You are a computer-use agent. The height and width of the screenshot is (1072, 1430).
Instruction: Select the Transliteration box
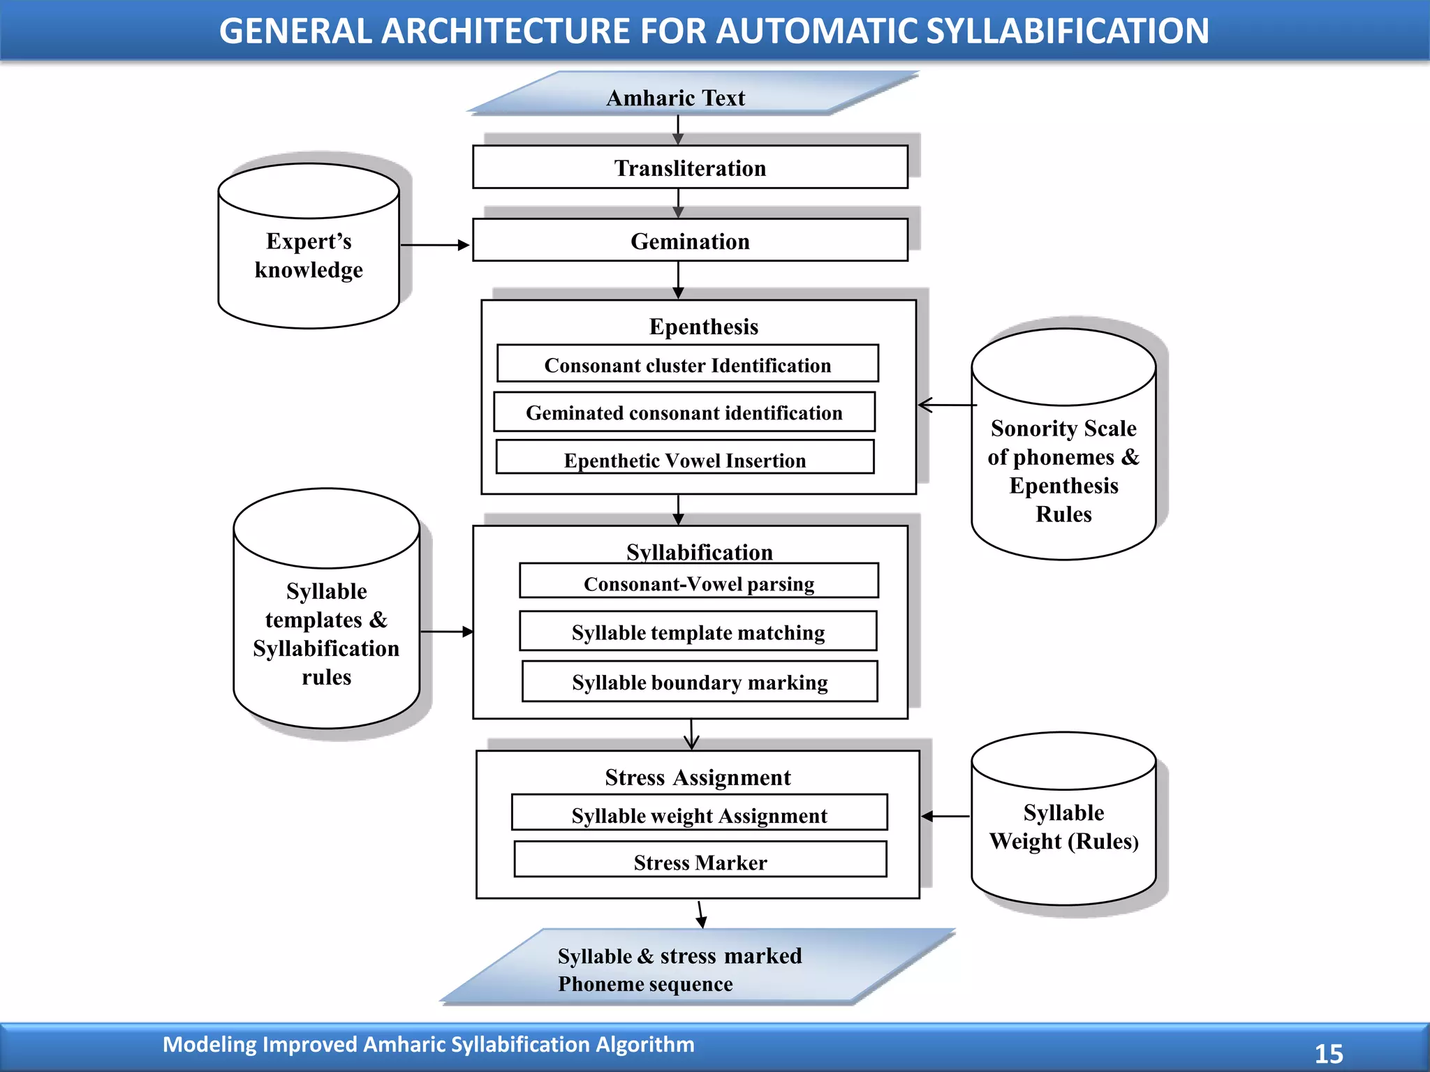[690, 167]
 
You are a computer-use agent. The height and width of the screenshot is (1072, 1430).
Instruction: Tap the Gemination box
[690, 241]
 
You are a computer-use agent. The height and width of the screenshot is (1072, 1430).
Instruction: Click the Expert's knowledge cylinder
[309, 255]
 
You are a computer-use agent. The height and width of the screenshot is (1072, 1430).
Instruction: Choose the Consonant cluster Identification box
[687, 364]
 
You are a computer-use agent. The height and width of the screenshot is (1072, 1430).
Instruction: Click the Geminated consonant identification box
[684, 412]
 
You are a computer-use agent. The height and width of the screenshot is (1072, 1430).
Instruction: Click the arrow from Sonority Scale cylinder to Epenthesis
[947, 405]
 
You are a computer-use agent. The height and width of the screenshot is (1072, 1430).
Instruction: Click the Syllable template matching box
[698, 632]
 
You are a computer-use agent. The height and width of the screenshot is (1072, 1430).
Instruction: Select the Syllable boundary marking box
[700, 682]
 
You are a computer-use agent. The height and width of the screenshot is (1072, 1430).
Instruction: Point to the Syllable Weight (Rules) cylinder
[1063, 827]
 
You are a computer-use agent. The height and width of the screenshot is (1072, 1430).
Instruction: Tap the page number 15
[1329, 1053]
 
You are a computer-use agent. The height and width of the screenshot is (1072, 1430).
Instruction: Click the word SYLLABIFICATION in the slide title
[1068, 31]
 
